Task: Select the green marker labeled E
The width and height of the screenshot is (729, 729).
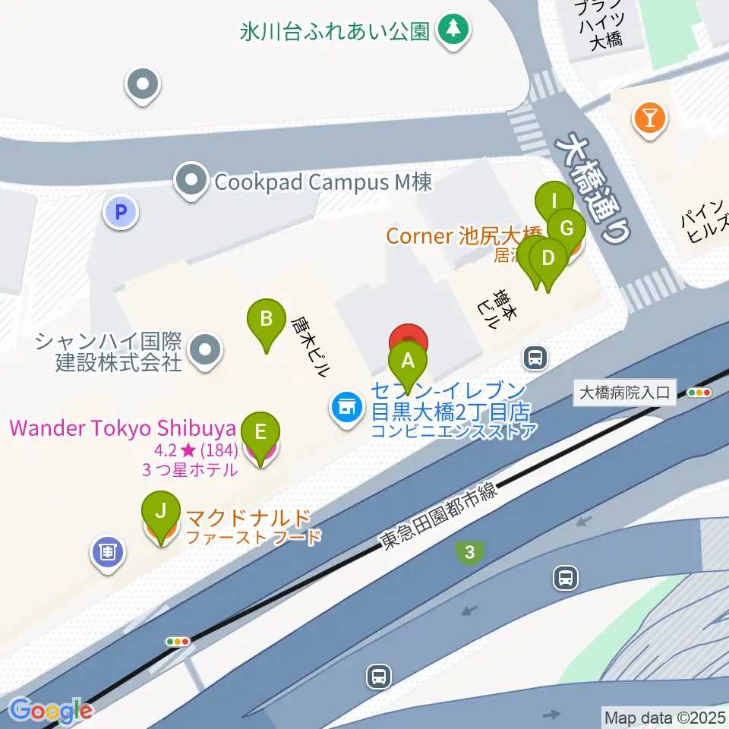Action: (x=260, y=434)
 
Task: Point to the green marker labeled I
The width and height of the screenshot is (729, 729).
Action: (x=554, y=202)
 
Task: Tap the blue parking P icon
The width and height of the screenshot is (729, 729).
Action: (x=121, y=212)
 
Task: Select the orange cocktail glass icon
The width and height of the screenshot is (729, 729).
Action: (x=651, y=118)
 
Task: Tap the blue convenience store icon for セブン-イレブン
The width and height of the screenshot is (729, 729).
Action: (x=346, y=410)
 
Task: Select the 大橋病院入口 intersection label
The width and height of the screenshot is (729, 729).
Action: (x=624, y=393)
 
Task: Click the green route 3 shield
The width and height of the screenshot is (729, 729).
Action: (x=470, y=553)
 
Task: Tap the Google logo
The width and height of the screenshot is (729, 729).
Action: (x=51, y=710)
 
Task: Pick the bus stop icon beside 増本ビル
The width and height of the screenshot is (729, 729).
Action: (x=535, y=356)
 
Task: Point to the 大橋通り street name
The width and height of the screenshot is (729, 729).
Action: (x=596, y=186)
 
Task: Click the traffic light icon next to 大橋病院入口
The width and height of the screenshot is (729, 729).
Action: (x=699, y=393)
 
